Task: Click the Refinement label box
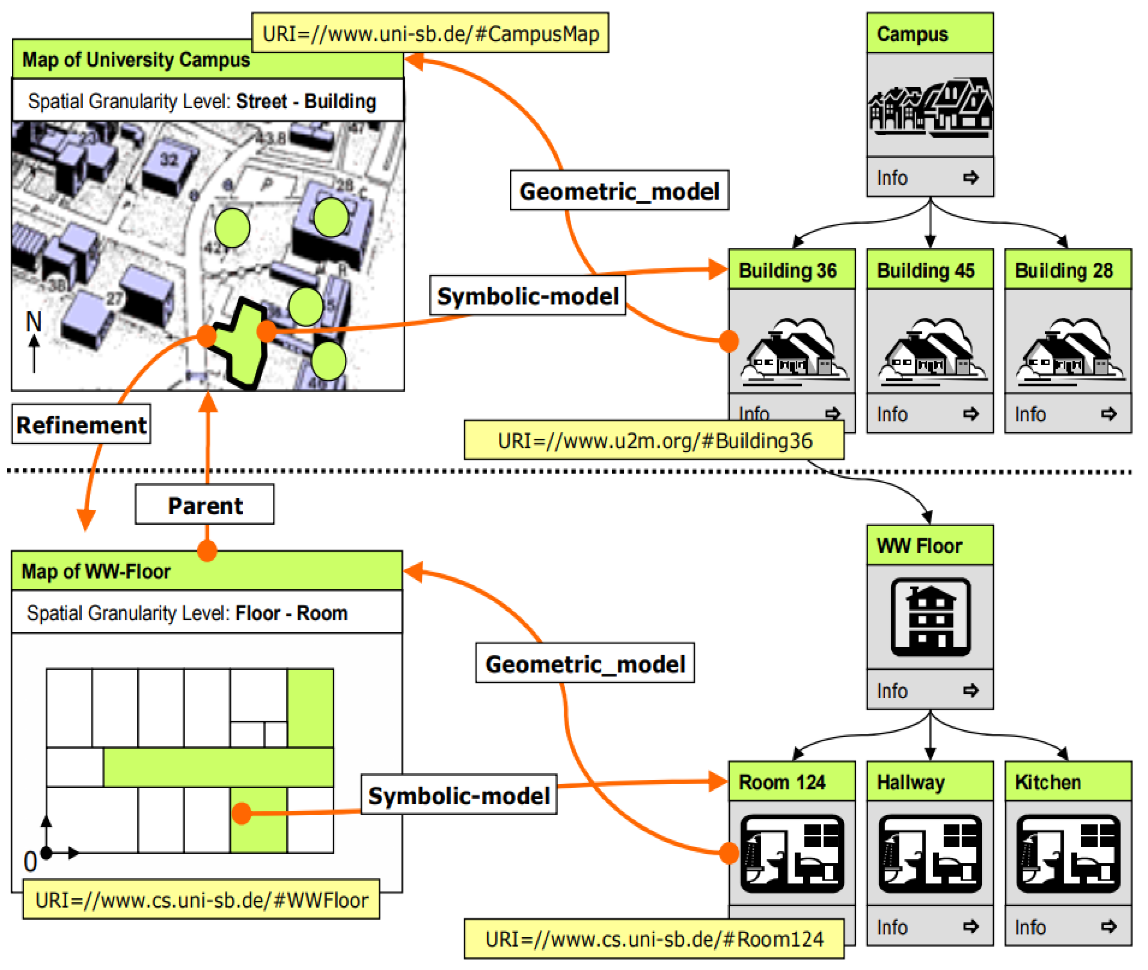pos(81,425)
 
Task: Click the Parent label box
pos(204,505)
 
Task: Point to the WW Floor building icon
pos(930,617)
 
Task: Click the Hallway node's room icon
pos(930,854)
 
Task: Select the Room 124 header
pos(792,782)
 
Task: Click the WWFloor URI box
pos(201,900)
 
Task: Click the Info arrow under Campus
pos(971,178)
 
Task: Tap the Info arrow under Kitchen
pos(1109,927)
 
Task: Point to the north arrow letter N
pos(34,321)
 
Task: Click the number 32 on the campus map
pos(169,160)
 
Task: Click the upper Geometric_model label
pos(619,191)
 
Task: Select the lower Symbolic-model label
pos(458,796)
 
